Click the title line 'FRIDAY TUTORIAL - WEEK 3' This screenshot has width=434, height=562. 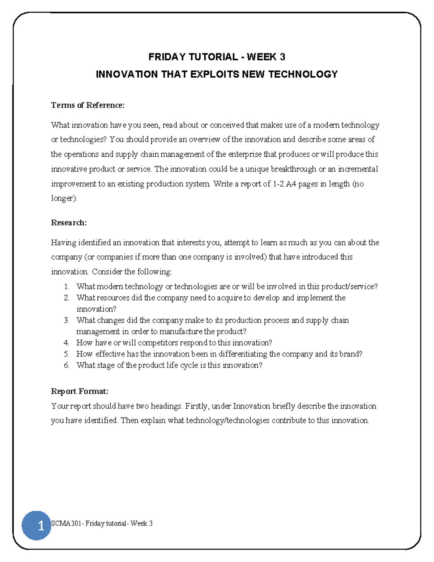[x=217, y=57]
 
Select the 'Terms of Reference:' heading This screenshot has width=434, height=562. [x=88, y=105]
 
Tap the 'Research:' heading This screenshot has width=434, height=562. [x=69, y=223]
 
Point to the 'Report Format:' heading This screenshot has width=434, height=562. [x=80, y=391]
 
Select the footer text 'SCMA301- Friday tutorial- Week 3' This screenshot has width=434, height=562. [x=102, y=523]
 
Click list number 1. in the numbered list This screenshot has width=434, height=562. [x=67, y=287]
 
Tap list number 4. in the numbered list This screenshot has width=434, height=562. [x=67, y=343]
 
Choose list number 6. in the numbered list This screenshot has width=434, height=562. [x=67, y=365]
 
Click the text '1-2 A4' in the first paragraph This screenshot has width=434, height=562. [x=284, y=184]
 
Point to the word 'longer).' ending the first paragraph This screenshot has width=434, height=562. [x=64, y=198]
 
